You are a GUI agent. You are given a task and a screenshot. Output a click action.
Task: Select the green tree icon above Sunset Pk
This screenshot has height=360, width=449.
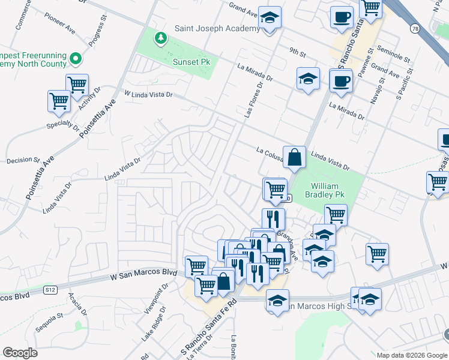(160, 39)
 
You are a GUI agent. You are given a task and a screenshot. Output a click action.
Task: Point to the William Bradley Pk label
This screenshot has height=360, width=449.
(325, 191)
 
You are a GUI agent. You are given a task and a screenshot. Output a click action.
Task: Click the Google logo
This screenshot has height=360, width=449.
(20, 352)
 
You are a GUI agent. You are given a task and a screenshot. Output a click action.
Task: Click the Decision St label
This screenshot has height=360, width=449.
(23, 160)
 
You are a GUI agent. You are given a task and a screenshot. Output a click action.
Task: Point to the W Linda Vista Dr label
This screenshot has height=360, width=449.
(148, 94)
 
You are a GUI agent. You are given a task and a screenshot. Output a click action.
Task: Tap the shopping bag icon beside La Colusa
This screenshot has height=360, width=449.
(294, 158)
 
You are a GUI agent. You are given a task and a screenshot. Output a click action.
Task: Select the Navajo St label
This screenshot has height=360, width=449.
(376, 90)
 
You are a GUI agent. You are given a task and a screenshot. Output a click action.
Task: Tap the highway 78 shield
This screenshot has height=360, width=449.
(415, 28)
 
